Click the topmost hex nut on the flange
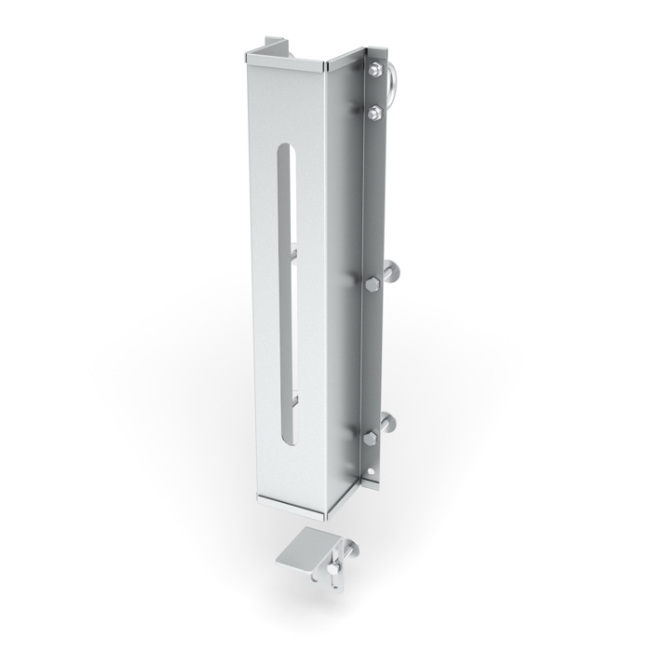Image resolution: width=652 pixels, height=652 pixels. (x=373, y=70)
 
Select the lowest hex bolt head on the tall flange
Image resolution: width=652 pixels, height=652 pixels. (x=371, y=435)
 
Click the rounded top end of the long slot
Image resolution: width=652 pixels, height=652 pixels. (x=287, y=153)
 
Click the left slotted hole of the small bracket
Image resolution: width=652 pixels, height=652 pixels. (x=319, y=580)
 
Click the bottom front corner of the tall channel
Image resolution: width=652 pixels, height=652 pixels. (x=328, y=514)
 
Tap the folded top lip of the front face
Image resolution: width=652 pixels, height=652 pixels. (x=283, y=62)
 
